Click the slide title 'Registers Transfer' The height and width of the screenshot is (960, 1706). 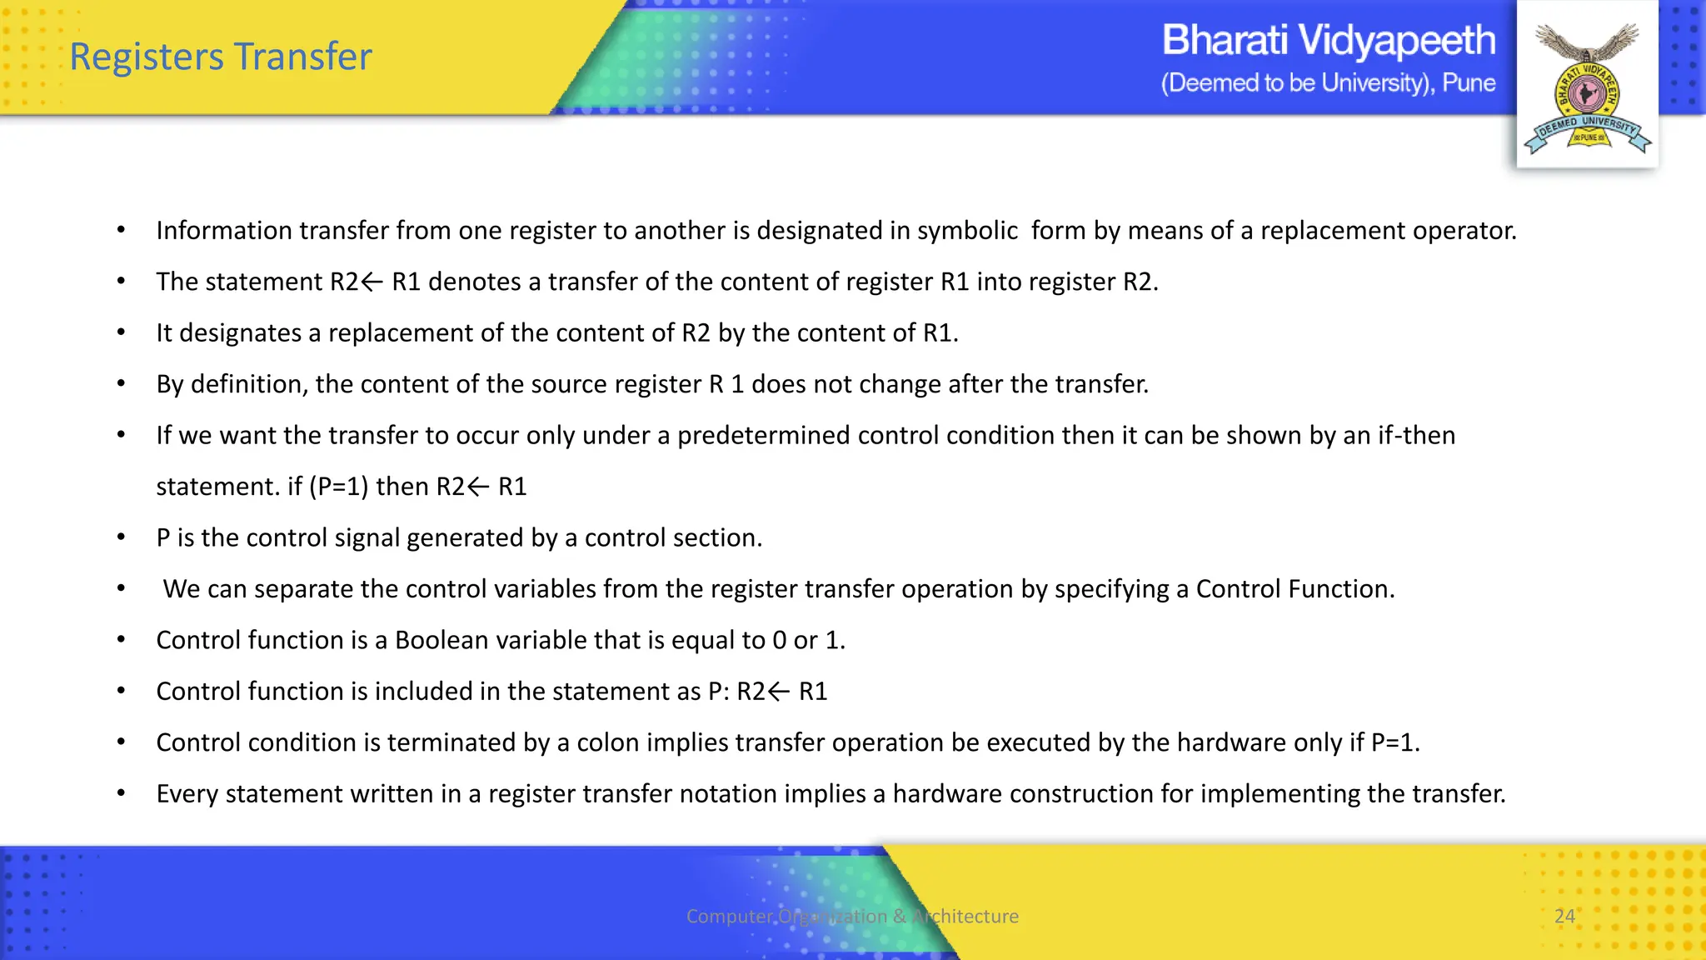tap(221, 57)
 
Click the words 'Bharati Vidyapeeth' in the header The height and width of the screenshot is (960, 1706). tap(1328, 40)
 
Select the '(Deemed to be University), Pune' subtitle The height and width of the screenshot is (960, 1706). tap(1328, 83)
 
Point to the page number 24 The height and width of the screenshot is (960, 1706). tap(1564, 916)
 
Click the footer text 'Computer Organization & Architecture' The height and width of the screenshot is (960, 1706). tap(852, 916)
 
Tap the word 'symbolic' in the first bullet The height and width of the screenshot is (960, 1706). tap(967, 231)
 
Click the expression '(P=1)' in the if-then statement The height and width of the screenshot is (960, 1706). tap(338, 487)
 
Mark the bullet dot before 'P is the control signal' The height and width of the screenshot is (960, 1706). tap(122, 537)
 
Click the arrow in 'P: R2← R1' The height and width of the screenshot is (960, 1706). tap(779, 692)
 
